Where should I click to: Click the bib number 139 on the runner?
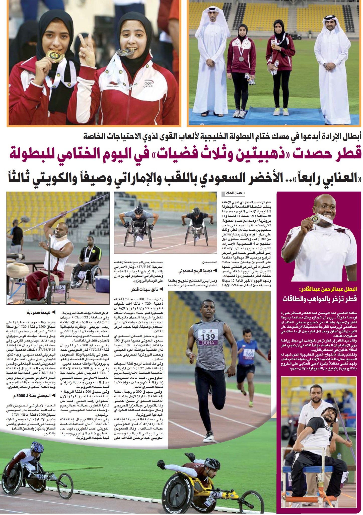point(208,336)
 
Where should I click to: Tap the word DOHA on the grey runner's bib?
point(208,343)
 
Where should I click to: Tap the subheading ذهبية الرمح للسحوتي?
point(195,271)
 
